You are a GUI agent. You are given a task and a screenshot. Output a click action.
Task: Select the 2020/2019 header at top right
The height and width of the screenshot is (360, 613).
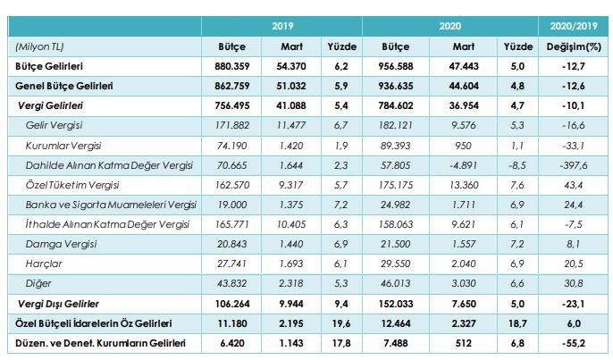tap(571, 27)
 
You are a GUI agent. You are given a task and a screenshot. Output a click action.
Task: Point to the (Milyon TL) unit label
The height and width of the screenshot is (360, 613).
tap(39, 46)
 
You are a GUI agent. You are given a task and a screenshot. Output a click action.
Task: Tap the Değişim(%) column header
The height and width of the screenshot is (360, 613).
tap(571, 46)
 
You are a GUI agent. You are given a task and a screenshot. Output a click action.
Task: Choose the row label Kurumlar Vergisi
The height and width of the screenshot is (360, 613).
tap(66, 146)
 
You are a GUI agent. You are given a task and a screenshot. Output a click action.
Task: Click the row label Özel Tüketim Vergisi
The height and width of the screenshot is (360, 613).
tap(72, 185)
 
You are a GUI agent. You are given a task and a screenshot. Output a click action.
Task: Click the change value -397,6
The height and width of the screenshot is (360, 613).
tap(571, 165)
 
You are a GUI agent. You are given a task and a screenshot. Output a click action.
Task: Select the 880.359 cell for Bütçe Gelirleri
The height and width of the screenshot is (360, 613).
tap(231, 67)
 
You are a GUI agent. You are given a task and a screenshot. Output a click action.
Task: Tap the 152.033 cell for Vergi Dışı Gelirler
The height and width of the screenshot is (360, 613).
tap(399, 303)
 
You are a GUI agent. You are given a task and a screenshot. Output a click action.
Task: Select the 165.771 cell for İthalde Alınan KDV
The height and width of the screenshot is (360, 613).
tap(231, 224)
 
